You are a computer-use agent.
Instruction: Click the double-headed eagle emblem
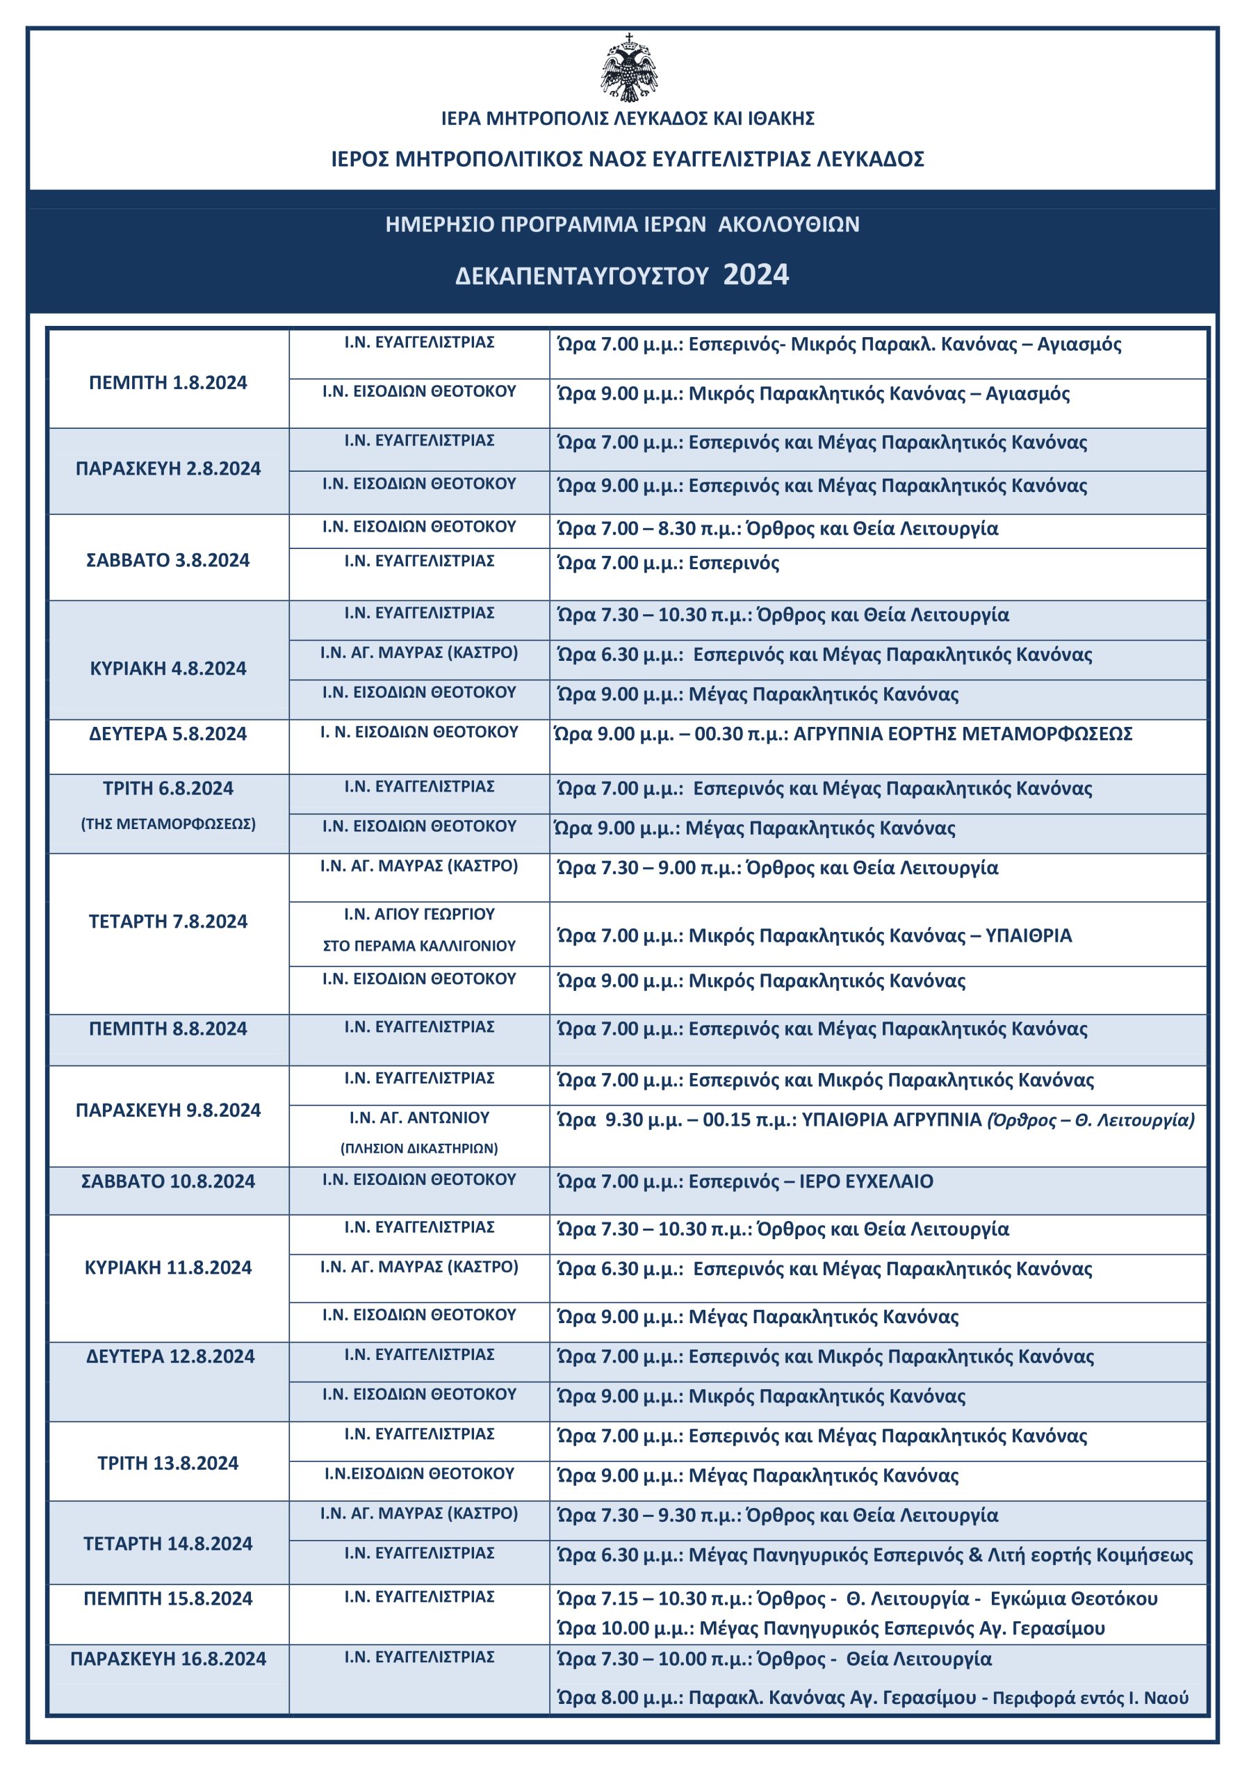coord(629,68)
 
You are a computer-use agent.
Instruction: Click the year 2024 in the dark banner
coord(756,275)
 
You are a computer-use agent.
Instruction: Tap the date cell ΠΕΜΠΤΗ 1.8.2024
coord(168,382)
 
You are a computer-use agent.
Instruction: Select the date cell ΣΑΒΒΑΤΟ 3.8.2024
coord(168,560)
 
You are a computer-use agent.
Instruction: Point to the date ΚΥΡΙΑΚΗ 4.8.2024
coord(168,669)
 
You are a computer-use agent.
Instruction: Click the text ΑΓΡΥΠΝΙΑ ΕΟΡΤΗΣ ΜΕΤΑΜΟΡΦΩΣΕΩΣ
coord(963,733)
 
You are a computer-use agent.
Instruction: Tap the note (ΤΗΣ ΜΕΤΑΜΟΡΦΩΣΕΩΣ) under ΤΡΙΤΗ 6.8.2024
coord(168,823)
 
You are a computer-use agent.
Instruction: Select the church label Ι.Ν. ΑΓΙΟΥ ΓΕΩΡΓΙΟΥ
coord(418,914)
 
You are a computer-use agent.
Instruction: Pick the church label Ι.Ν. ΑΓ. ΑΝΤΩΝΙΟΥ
coord(418,1117)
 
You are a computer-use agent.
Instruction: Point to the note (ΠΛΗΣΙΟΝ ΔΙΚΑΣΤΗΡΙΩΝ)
coord(418,1148)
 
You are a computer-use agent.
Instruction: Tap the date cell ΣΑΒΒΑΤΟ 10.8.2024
coord(168,1181)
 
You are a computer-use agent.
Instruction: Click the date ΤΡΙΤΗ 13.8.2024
coord(168,1462)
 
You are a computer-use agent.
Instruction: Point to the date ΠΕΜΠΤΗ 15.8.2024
coord(168,1598)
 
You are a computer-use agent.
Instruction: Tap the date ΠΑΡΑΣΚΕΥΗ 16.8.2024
coord(168,1659)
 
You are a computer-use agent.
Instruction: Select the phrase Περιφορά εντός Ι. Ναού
coord(1090,1698)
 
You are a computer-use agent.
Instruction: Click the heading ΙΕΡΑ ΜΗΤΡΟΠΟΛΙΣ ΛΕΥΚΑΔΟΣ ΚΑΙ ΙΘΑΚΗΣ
coord(628,118)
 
